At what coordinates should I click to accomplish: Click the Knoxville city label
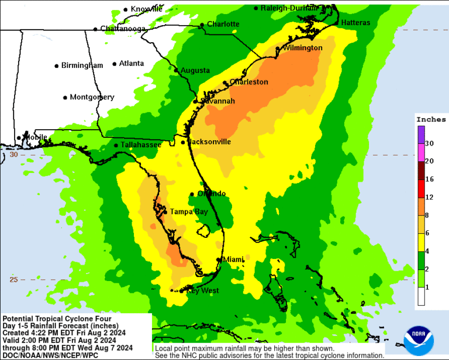(147, 9)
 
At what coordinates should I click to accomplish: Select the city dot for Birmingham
(57, 66)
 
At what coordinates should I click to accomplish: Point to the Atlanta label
(131, 64)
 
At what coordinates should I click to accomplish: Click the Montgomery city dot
(65, 98)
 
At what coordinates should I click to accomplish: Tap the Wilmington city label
(302, 47)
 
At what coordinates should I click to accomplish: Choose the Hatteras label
(355, 22)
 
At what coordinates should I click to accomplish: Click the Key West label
(202, 290)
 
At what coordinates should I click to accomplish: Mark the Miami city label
(234, 259)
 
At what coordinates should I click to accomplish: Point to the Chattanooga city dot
(95, 29)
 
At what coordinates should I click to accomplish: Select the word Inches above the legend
(431, 119)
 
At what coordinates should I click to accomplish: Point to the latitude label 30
(13, 155)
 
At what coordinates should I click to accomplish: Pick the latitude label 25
(13, 279)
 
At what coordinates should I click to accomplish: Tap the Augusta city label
(195, 70)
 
